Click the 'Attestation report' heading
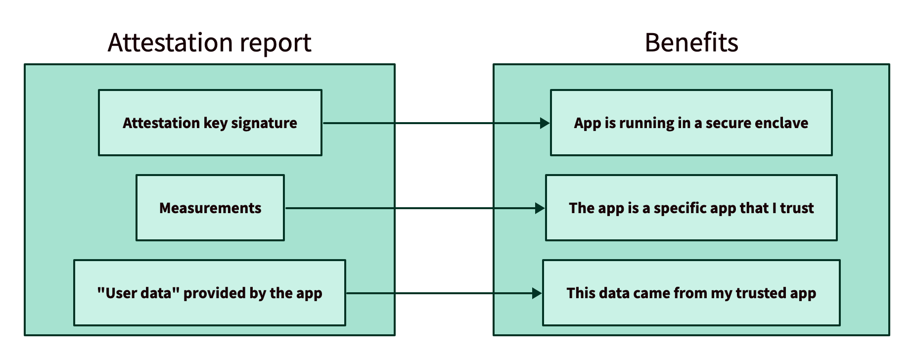[209, 43]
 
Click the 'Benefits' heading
[691, 43]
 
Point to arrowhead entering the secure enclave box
[545, 123]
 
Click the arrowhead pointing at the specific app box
[540, 208]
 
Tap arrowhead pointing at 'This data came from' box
[537, 293]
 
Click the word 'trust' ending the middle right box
[797, 208]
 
